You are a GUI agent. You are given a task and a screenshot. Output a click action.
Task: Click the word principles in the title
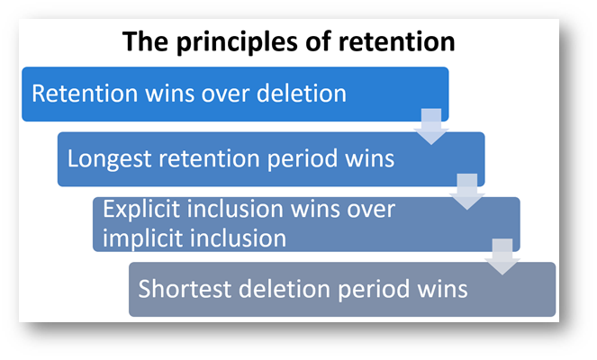(237, 42)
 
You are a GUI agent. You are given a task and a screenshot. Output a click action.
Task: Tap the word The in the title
(145, 41)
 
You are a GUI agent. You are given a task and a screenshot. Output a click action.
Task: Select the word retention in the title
(397, 41)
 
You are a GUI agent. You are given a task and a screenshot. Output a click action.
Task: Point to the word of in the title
(318, 41)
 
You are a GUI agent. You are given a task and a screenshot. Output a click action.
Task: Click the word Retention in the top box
(85, 94)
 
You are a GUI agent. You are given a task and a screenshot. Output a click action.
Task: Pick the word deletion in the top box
(302, 94)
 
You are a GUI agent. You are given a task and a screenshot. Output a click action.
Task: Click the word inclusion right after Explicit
(236, 210)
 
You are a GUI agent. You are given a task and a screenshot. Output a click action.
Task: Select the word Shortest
(185, 289)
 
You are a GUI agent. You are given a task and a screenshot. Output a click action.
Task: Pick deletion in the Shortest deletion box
(285, 289)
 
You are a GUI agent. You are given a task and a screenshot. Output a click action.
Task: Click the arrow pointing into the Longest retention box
(431, 127)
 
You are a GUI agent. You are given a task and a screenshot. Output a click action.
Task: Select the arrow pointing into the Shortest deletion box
(502, 256)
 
